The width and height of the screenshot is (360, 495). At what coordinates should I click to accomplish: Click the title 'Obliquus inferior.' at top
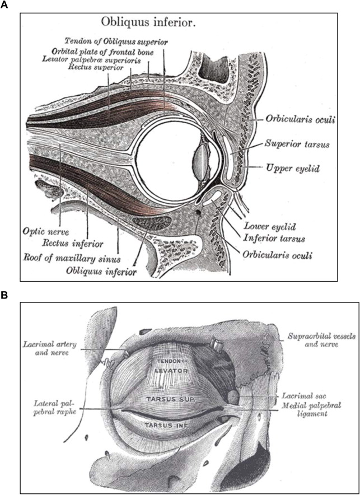coord(151,23)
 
